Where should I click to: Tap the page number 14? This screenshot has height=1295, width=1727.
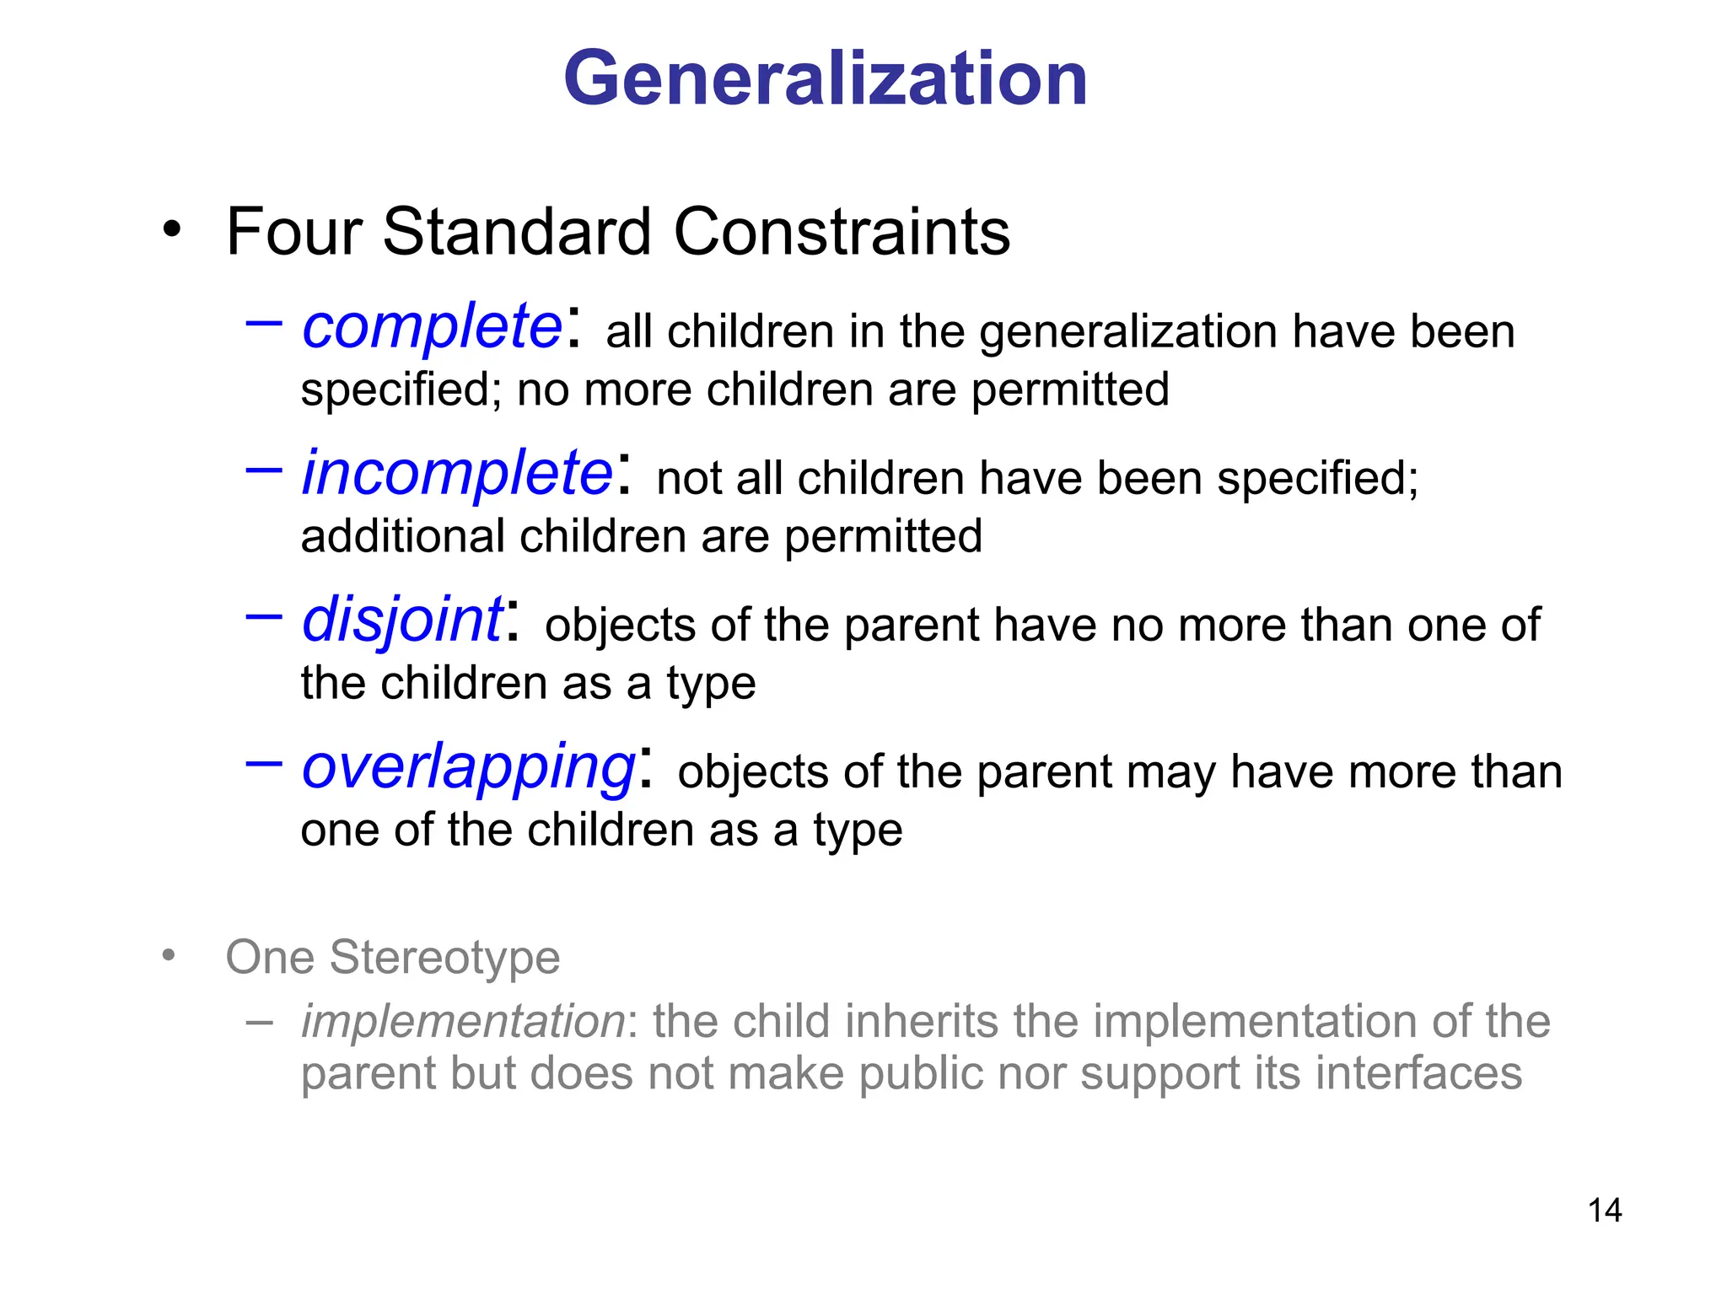click(x=1604, y=1211)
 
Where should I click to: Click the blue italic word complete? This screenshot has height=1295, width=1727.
click(x=432, y=327)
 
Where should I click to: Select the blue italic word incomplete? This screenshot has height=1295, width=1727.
click(x=457, y=474)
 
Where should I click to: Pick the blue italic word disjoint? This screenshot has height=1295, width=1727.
click(x=402, y=621)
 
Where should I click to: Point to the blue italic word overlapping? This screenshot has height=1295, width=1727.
click(x=469, y=769)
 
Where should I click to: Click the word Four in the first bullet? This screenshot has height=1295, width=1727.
click(x=294, y=232)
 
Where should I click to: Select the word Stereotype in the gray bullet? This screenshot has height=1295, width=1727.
click(x=444, y=958)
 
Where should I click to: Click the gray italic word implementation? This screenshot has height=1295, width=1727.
click(x=463, y=1022)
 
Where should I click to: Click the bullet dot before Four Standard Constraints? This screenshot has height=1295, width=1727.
click(x=172, y=228)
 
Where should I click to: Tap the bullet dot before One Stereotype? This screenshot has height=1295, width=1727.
click(x=169, y=955)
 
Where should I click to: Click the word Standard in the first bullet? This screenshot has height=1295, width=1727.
click(x=517, y=232)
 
